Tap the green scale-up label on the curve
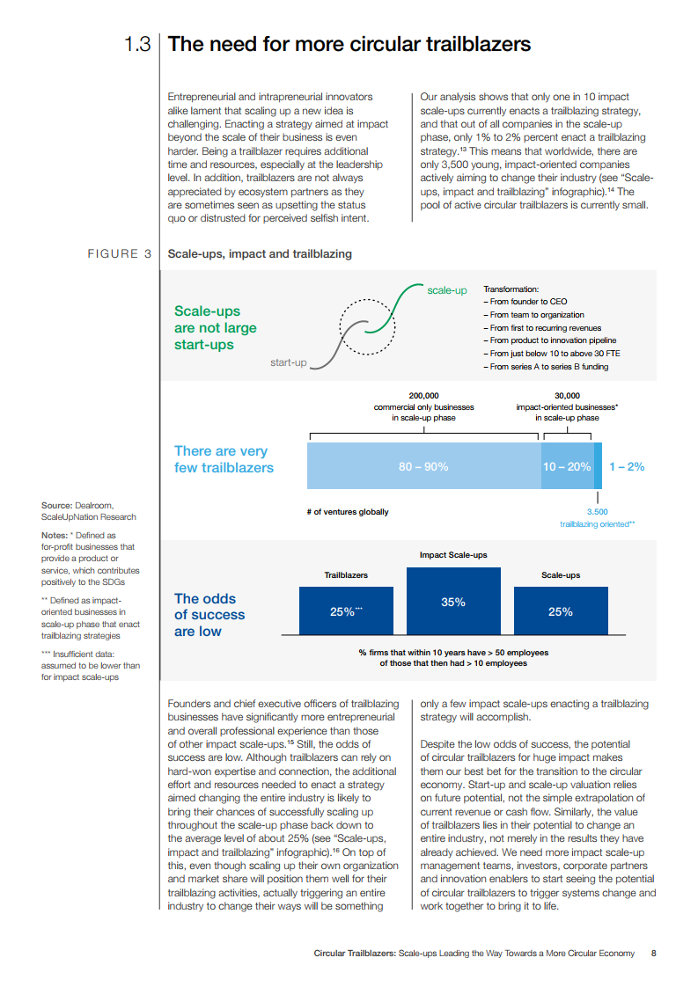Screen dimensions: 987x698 446,290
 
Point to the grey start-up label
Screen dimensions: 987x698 289,362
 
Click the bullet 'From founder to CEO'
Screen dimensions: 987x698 525,301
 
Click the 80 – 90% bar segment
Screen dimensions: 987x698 423,466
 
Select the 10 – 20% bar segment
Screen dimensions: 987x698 567,466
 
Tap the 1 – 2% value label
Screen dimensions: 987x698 627,466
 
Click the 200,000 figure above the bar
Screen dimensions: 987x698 424,395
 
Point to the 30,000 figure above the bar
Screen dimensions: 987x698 567,395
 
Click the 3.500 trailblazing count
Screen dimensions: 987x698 597,511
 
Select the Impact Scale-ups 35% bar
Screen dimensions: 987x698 453,602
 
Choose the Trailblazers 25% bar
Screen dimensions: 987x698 346,611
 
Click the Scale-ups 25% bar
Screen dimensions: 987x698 560,611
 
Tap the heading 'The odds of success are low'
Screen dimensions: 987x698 209,615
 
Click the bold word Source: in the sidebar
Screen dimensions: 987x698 57,505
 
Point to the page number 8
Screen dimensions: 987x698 653,953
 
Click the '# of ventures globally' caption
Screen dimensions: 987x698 348,511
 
